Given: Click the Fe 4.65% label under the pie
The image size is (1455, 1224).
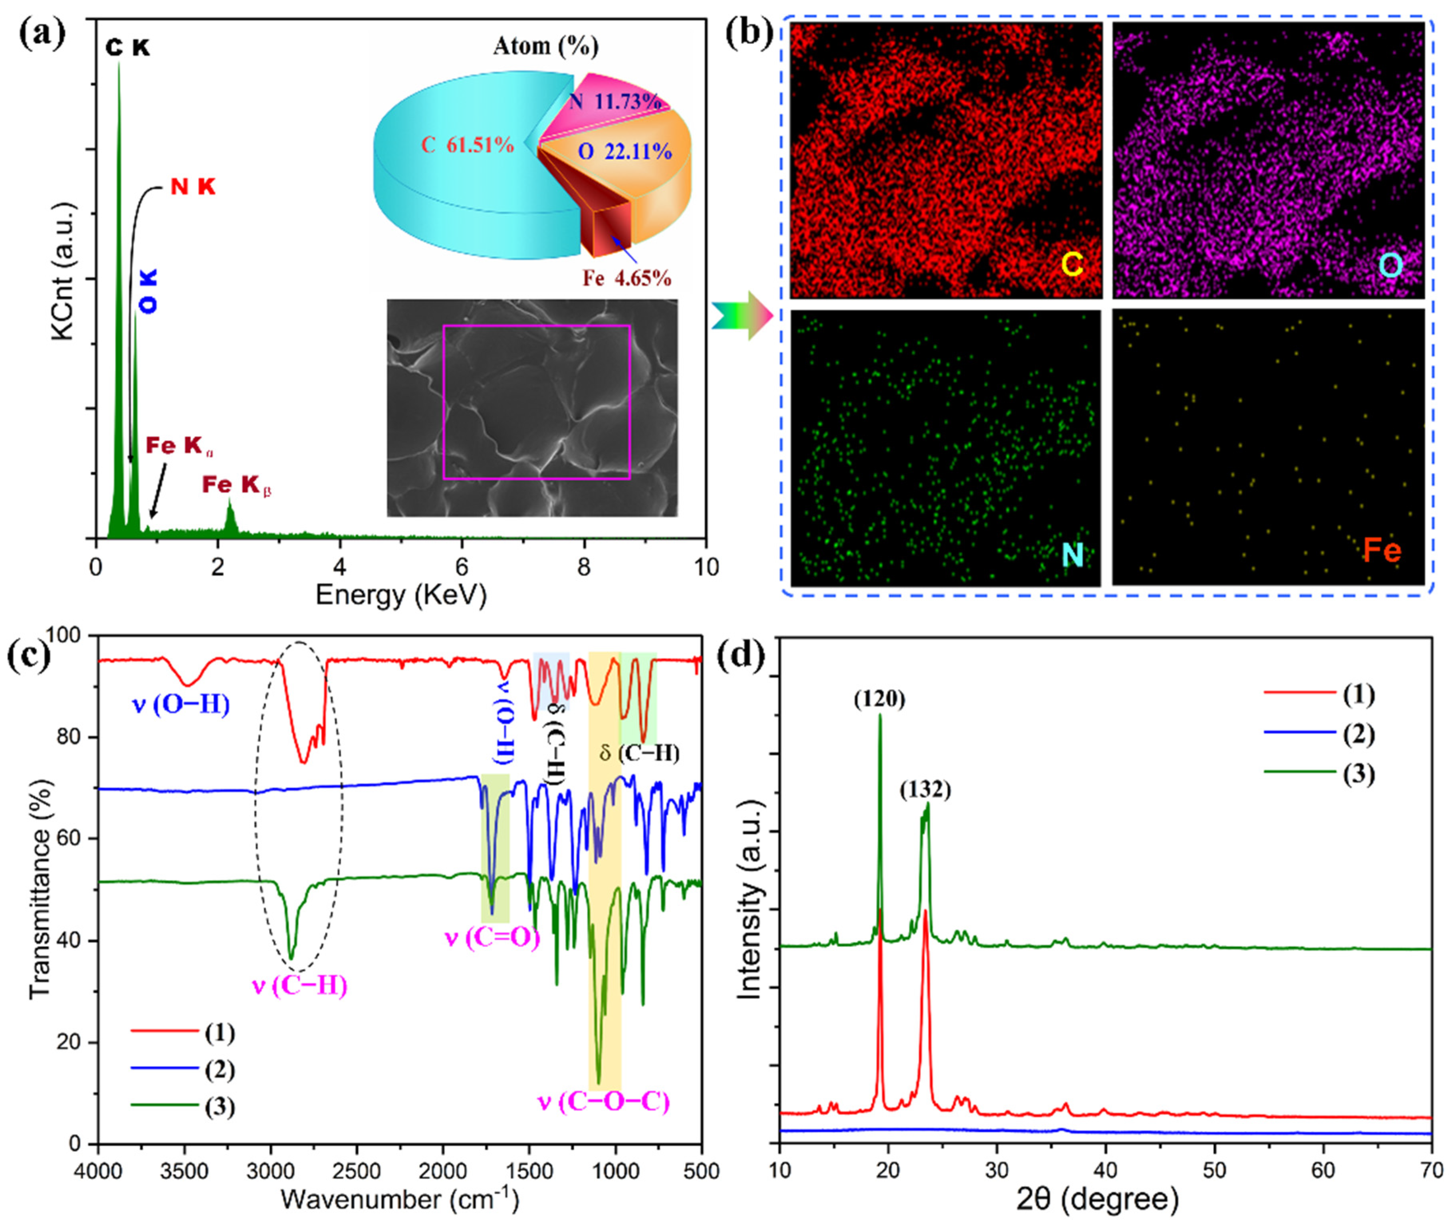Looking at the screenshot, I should click(626, 278).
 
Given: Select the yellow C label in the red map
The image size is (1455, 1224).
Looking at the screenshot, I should click(1072, 264).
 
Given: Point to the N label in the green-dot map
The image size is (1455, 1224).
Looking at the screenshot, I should click(1072, 553).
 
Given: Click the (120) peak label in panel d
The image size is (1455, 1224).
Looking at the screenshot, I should click(879, 700).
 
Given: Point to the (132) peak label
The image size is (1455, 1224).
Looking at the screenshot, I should click(925, 790).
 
